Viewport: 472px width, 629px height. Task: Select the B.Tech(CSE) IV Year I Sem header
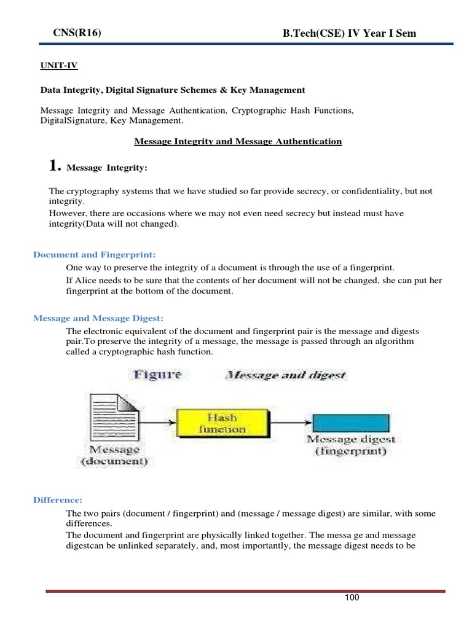349,34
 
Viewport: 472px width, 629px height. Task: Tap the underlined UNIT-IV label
59,65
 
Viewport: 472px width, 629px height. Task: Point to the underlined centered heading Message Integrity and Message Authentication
238,141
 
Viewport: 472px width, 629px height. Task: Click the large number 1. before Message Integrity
55,166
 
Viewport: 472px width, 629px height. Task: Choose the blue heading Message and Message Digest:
98,318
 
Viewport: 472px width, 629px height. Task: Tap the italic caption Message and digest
286,375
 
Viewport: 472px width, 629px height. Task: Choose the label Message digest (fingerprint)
351,445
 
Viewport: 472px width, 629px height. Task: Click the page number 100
352,598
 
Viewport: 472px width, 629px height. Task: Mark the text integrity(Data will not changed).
114,224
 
